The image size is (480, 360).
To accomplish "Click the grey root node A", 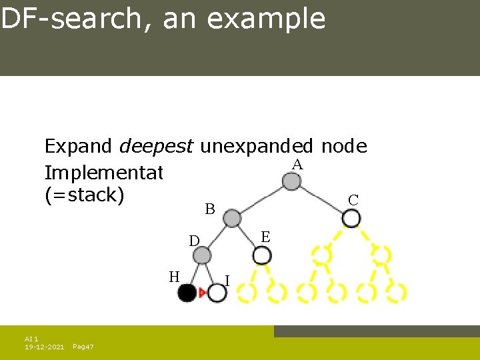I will [291, 181].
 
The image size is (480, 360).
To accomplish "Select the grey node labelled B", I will [231, 218].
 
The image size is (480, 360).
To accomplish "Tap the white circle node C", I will [351, 218].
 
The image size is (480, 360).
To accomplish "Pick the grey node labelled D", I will [202, 255].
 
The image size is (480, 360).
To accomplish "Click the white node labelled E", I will [262, 255].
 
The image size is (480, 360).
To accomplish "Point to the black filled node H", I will [187, 293].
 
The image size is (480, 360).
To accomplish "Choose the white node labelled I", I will [217, 293].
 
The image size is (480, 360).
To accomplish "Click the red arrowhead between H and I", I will [202, 293].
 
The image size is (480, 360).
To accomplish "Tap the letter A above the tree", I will [297, 165].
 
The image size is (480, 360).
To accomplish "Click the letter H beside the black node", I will [174, 276].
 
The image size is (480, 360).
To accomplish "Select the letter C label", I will [353, 200].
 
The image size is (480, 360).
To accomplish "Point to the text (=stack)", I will [85, 197].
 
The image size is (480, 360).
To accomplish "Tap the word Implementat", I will [103, 173].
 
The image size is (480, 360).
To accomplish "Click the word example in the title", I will [266, 19].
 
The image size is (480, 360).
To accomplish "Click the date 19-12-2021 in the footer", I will [44, 347].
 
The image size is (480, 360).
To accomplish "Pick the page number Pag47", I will [83, 347].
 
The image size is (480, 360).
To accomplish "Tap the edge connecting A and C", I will [321, 199].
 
